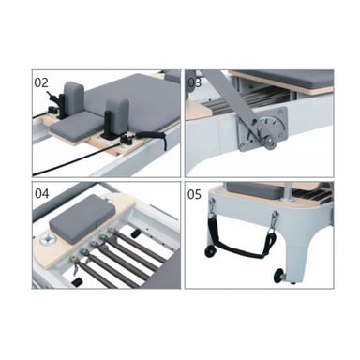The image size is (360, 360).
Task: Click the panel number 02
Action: pos(41,82)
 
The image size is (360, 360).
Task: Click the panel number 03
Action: pos(194,82)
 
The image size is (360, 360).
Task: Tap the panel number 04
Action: pos(42,193)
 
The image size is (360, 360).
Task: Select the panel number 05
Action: pos(194,194)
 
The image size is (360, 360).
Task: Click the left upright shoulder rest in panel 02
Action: pos(74,98)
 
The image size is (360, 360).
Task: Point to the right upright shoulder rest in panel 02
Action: pos(117,115)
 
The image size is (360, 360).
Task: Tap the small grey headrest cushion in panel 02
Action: pos(76,126)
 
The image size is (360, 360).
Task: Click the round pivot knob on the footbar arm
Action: pos(269,143)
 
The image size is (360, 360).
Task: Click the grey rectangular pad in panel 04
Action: pos(82,218)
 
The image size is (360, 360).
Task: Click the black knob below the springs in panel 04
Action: pos(77,282)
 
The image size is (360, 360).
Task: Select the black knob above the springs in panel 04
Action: pos(135,233)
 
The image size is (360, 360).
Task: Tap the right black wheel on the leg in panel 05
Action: pos(278,275)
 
